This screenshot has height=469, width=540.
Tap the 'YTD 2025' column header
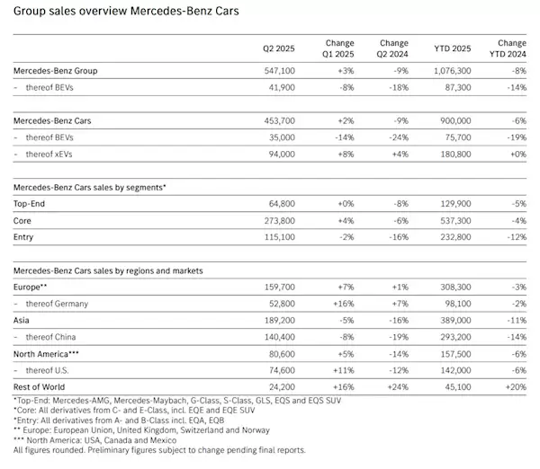click(436, 49)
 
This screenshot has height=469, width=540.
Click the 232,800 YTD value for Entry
click(436, 236)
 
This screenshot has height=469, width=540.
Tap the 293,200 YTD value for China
click(436, 335)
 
